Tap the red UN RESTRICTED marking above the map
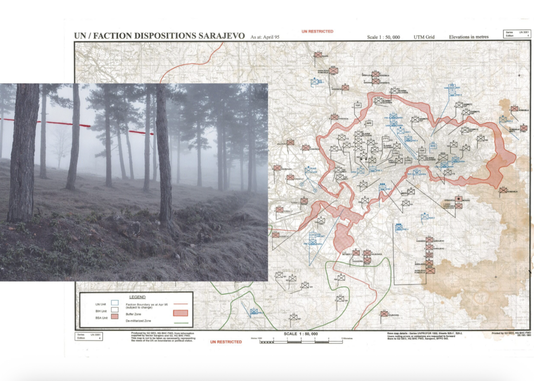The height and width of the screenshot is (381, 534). click(317, 32)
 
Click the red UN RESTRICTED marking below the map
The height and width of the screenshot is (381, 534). click(226, 342)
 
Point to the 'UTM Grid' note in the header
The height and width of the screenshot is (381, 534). click(423, 37)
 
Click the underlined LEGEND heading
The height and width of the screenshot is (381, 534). click(137, 297)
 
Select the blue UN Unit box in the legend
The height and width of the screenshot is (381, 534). click(114, 303)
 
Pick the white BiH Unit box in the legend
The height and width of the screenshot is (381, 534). click(114, 310)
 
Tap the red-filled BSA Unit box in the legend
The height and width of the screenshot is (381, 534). click(114, 317)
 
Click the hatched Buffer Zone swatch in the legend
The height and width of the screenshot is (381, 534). click(182, 313)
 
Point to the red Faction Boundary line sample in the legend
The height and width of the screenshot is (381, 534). click(181, 304)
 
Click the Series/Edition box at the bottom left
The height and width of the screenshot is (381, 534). click(88, 337)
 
